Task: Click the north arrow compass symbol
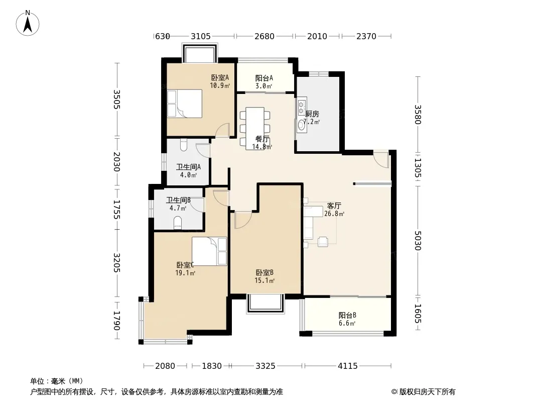click(28, 23)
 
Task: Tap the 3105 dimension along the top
click(201, 36)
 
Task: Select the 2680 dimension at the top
click(264, 36)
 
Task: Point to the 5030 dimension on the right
click(418, 241)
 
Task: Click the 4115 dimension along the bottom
click(348, 366)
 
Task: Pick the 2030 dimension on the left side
click(117, 162)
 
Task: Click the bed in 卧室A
click(185, 104)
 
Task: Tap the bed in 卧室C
click(209, 251)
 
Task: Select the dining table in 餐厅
click(255, 128)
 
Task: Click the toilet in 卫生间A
click(184, 145)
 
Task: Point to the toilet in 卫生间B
click(178, 224)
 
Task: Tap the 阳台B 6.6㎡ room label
click(347, 319)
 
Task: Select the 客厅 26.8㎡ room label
click(334, 210)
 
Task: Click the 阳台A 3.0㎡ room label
click(264, 82)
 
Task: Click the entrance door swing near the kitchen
click(381, 159)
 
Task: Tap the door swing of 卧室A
click(222, 131)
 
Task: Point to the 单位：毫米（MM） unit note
click(57, 381)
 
